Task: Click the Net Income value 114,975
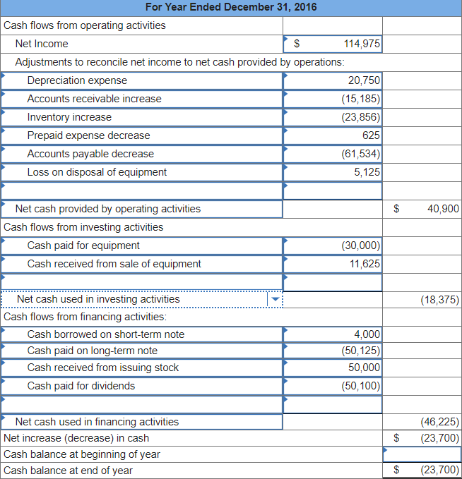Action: pyautogui.click(x=362, y=44)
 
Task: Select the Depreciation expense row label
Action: pyautogui.click(x=77, y=80)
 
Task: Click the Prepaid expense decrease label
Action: pyautogui.click(x=88, y=135)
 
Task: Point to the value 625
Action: pyautogui.click(x=371, y=135)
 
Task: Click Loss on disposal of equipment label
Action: pyautogui.click(x=97, y=172)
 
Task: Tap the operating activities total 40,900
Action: pyautogui.click(x=443, y=209)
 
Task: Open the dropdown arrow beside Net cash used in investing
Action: pyautogui.click(x=275, y=299)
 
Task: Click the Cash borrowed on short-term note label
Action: pyautogui.click(x=105, y=334)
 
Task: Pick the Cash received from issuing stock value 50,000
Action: pyautogui.click(x=364, y=368)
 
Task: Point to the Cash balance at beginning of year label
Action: pyautogui.click(x=82, y=454)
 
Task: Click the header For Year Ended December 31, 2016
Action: pyautogui.click(x=230, y=7)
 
